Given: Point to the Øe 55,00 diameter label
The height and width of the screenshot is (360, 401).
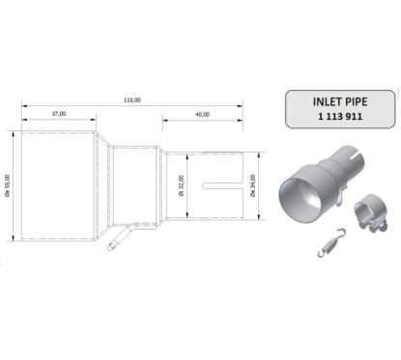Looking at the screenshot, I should pyautogui.click(x=9, y=188).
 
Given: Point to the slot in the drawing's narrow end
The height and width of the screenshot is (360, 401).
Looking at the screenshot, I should pyautogui.click(x=215, y=185).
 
